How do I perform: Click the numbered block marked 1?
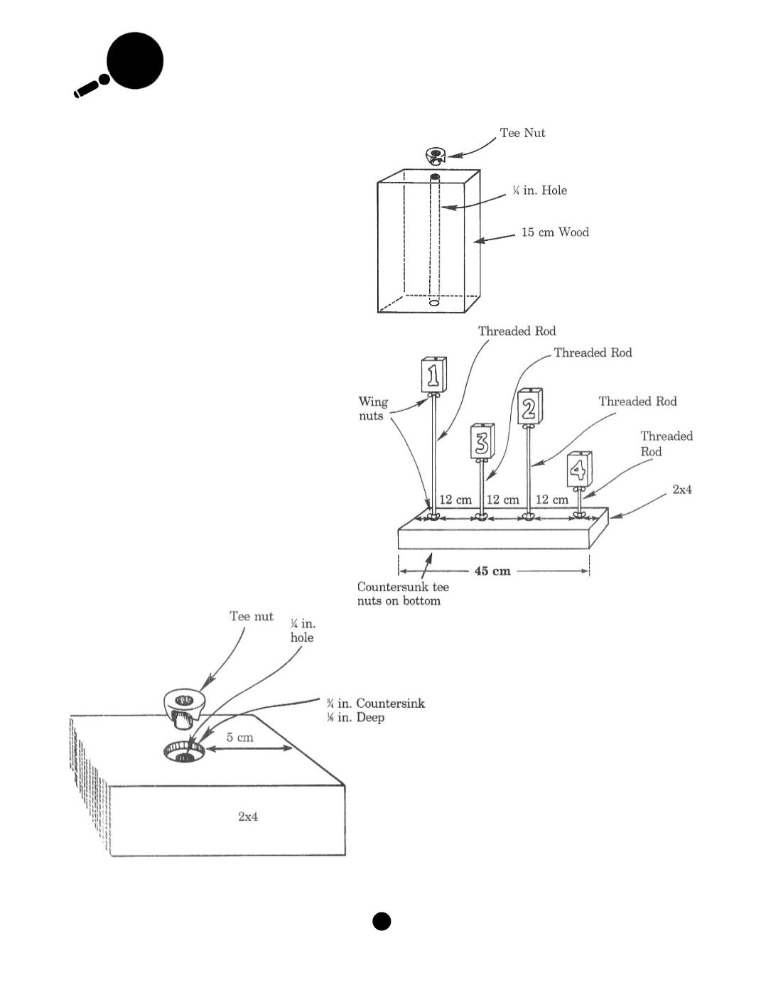(433, 375)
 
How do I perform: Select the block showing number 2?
(530, 406)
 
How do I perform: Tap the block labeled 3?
(482, 441)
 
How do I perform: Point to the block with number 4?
(579, 469)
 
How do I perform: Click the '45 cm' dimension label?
(492, 571)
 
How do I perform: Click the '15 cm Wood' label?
(555, 232)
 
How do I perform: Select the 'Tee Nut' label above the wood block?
(522, 133)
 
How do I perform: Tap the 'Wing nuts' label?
(373, 409)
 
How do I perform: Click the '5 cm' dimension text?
(239, 737)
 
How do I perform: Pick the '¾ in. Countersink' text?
(375, 703)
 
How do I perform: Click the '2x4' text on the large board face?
(248, 817)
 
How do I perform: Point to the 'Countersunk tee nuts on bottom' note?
(403, 594)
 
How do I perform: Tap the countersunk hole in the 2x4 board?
(184, 752)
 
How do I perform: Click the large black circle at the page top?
(135, 60)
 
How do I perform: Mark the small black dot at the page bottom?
(382, 921)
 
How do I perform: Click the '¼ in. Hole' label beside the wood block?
(539, 190)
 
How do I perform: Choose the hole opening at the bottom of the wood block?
(434, 302)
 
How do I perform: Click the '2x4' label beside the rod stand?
(682, 490)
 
